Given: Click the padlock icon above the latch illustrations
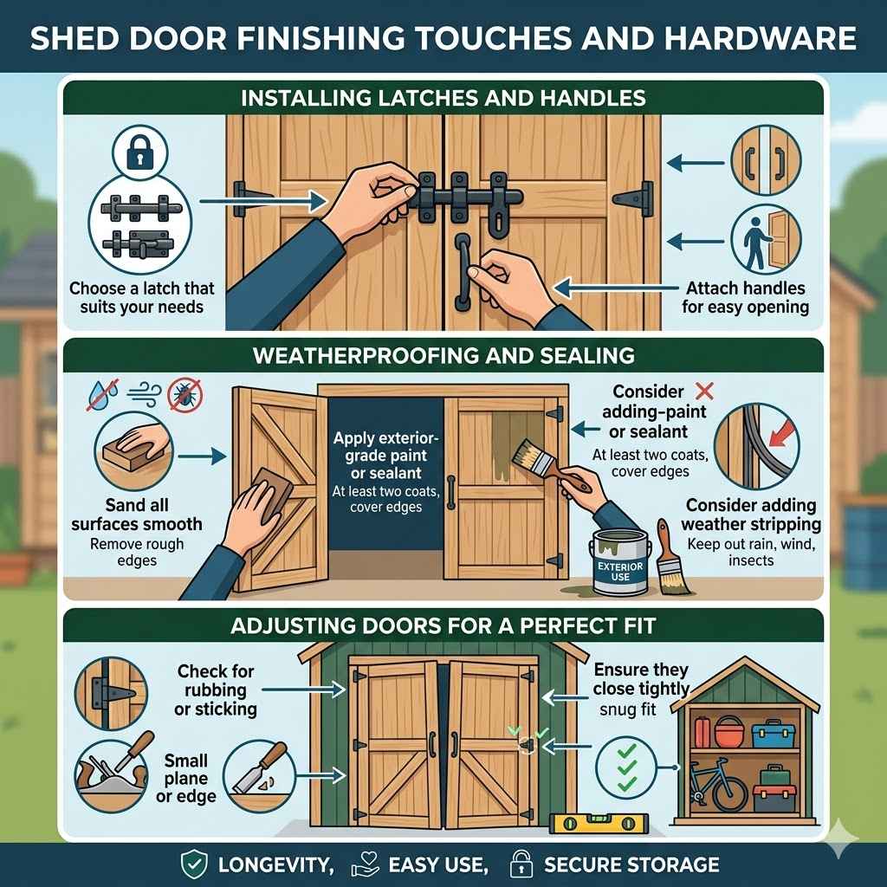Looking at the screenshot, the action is tap(140, 152).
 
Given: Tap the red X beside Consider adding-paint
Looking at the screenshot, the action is tap(704, 391).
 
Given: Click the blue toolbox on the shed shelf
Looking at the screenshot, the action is tap(774, 733).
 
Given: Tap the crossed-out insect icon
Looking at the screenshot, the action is tap(185, 395).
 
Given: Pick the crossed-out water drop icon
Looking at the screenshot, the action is tap(102, 394).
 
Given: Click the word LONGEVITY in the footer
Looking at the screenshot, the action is tap(275, 865).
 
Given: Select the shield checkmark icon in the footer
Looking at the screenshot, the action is tap(193, 865).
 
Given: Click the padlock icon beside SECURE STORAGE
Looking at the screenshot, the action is tap(521, 864).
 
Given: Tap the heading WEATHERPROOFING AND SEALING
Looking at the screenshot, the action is tap(443, 355).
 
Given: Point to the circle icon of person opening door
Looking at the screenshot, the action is tap(766, 239).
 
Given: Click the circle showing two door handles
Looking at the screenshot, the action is tap(766, 161).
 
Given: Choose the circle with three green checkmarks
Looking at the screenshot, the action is tap(626, 768).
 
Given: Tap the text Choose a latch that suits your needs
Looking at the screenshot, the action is tap(141, 298).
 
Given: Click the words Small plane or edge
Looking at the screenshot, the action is tap(186, 778).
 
